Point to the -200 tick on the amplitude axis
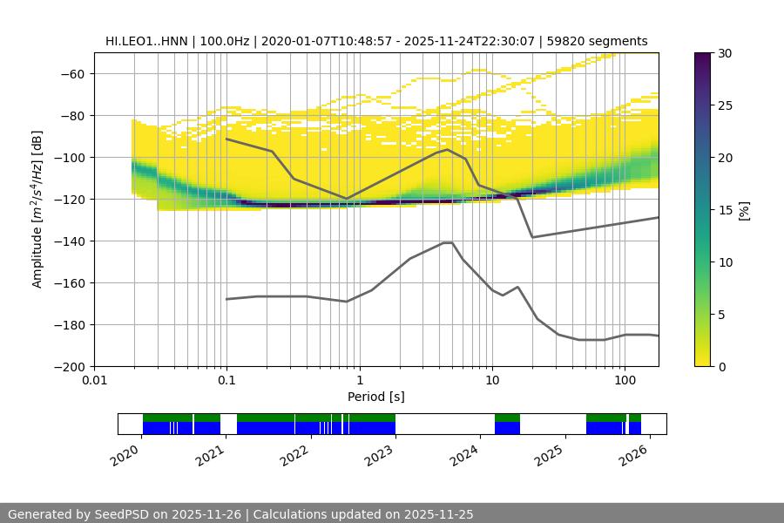pyautogui.click(x=73, y=366)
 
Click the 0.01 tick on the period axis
pyautogui.click(x=94, y=380)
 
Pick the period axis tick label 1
pyautogui.click(x=359, y=380)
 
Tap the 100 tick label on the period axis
pyautogui.click(x=624, y=380)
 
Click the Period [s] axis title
pyautogui.click(x=375, y=397)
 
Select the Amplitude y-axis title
pyautogui.click(x=37, y=209)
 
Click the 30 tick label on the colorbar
pyautogui.click(x=725, y=53)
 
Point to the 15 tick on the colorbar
pyautogui.click(x=725, y=210)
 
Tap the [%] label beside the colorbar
pyautogui.click(x=744, y=209)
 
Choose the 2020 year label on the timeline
pyautogui.click(x=125, y=453)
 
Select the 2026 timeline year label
pyautogui.click(x=635, y=453)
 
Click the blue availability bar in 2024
pyautogui.click(x=507, y=428)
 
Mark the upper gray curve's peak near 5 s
pyautogui.click(x=448, y=149)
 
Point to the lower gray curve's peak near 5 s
pyautogui.click(x=448, y=242)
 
